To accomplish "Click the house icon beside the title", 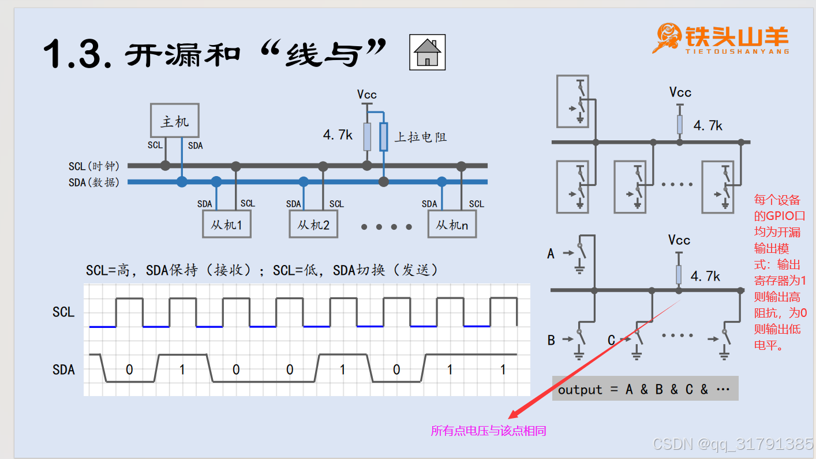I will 427,52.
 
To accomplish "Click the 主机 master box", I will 174,121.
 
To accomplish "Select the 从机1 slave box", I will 226,224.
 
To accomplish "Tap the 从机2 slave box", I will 313,224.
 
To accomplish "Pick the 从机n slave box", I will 452,224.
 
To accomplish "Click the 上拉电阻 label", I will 421,137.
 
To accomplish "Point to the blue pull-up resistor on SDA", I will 383,137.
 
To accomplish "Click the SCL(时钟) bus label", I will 94,166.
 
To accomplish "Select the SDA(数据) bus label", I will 94,182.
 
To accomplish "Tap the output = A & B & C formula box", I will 645,389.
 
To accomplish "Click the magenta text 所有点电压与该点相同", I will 488,431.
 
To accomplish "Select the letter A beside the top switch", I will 551,253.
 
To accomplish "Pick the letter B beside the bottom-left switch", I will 551,340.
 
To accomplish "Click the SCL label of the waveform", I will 63,312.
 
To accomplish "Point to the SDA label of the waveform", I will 63,370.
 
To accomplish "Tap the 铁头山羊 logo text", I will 736,36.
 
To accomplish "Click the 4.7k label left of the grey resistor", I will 338,135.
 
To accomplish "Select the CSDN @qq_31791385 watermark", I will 732,444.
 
